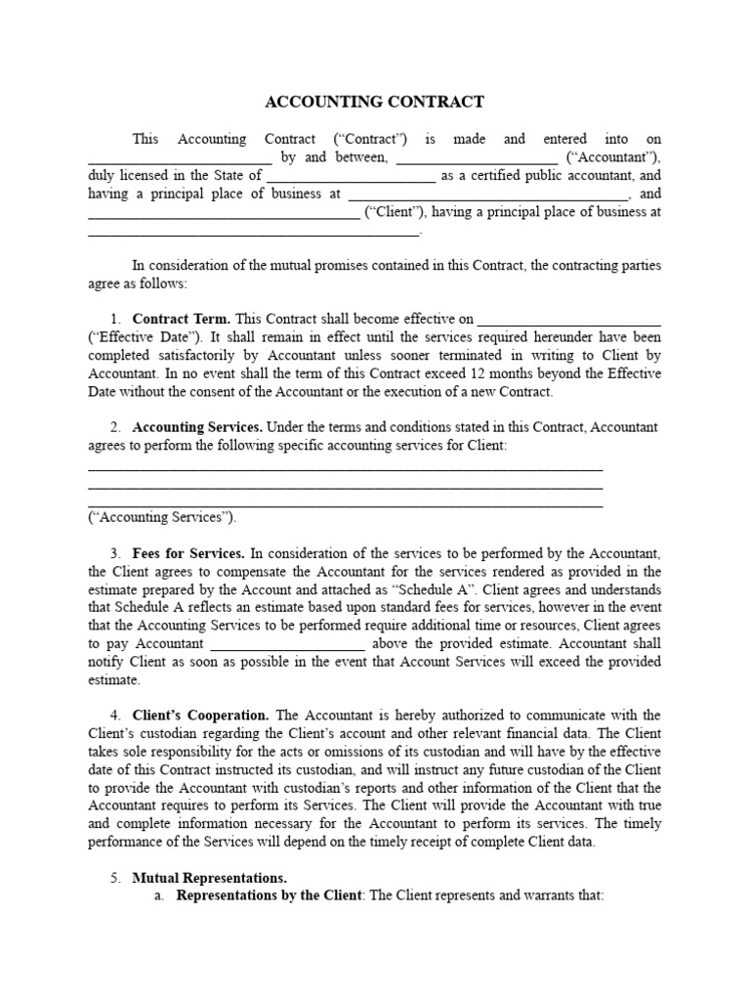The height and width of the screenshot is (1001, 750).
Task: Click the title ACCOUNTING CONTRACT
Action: (x=375, y=102)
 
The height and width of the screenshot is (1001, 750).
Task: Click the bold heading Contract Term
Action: (x=181, y=319)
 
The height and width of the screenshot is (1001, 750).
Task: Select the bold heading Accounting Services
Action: (x=196, y=427)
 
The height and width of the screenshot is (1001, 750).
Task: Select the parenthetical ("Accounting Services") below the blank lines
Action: (x=161, y=517)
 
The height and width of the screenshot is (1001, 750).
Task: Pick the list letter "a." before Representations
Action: (x=160, y=895)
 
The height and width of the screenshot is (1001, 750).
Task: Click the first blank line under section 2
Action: (x=345, y=470)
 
